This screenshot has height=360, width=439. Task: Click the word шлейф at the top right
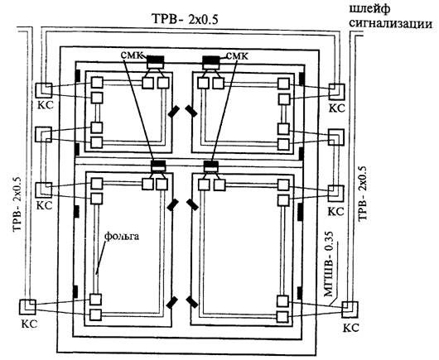(369, 9)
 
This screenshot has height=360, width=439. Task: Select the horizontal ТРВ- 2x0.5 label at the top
(185, 19)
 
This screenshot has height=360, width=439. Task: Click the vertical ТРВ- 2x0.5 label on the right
(362, 193)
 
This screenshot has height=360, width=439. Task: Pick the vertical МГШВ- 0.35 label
(329, 264)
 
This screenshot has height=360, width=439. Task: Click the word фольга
(122, 236)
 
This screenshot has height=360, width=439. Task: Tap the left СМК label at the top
(133, 55)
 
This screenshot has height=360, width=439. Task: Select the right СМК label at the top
(237, 56)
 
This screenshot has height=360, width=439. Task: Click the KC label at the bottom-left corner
(29, 324)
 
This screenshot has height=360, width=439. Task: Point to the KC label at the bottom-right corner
(351, 328)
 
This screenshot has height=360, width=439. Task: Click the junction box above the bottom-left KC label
(27, 307)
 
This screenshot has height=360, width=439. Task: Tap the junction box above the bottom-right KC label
(350, 309)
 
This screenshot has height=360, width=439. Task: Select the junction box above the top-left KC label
(44, 90)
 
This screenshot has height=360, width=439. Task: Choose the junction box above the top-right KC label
(336, 92)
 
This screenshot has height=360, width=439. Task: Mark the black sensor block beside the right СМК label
(211, 60)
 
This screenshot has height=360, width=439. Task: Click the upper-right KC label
(337, 108)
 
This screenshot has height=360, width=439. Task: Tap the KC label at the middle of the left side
(45, 205)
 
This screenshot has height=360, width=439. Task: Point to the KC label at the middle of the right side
(336, 211)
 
